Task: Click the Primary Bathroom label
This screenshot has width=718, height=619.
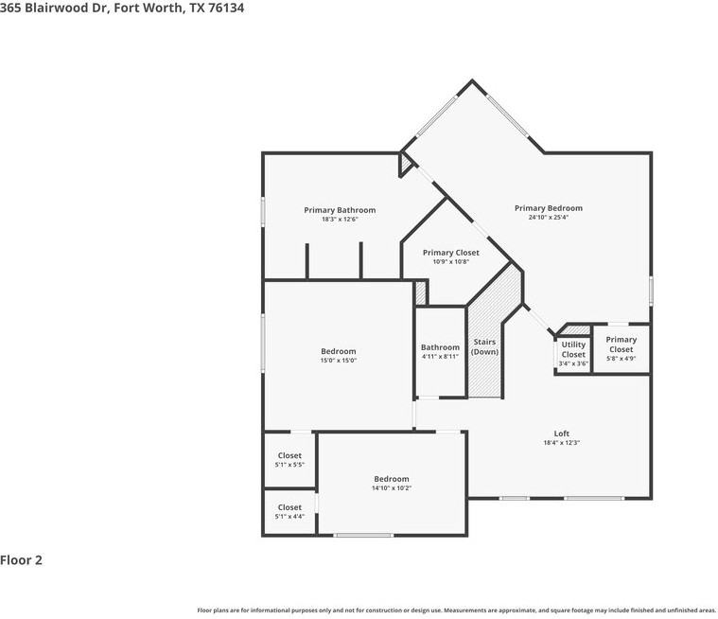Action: coord(340,210)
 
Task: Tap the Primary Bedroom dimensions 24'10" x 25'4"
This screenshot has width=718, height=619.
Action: coord(549,218)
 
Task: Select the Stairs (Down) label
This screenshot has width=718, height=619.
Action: coord(484,346)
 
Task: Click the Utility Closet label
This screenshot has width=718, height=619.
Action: coord(573,349)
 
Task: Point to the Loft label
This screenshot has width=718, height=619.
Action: coord(561,433)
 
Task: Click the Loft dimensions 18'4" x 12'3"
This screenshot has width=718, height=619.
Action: coord(561,443)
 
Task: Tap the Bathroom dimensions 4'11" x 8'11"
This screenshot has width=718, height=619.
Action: coord(440,357)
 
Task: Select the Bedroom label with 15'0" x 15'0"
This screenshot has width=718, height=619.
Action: coord(338,351)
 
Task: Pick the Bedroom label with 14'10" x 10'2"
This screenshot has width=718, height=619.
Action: coord(391,479)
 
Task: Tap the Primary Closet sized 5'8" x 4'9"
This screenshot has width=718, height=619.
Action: coord(621,345)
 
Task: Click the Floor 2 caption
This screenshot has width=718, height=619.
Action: coord(22,560)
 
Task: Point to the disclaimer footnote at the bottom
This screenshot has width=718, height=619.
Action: coord(456,610)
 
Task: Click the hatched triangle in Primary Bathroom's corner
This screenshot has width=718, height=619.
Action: coord(406,166)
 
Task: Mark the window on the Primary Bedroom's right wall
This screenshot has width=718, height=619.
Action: coord(651,289)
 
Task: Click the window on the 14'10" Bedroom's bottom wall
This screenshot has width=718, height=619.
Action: coord(363,536)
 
